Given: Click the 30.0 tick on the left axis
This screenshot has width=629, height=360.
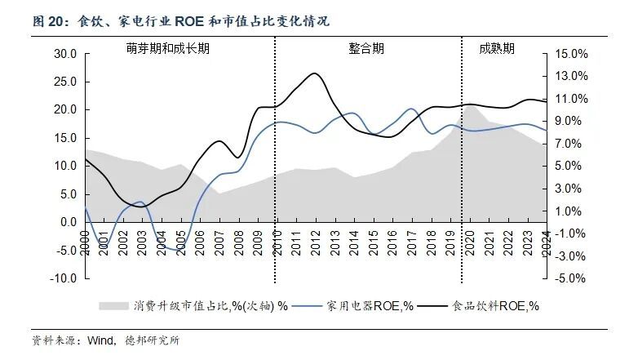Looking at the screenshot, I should pos(64,54).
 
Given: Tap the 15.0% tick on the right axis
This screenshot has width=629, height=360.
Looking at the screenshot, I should pos(571,54).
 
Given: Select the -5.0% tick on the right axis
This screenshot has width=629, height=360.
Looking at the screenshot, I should pos(571,278).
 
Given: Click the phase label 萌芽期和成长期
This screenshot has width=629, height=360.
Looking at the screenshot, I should pos(168,48).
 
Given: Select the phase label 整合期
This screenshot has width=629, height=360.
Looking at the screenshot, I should pos(366,48).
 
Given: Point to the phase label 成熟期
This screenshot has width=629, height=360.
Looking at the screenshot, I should pos(497,48).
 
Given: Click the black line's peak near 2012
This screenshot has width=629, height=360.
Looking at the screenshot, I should pos(315,73).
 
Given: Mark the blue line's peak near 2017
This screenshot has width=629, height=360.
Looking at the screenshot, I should pos(410,109).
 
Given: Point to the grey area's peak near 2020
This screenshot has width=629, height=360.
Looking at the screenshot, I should pos(469,104).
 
